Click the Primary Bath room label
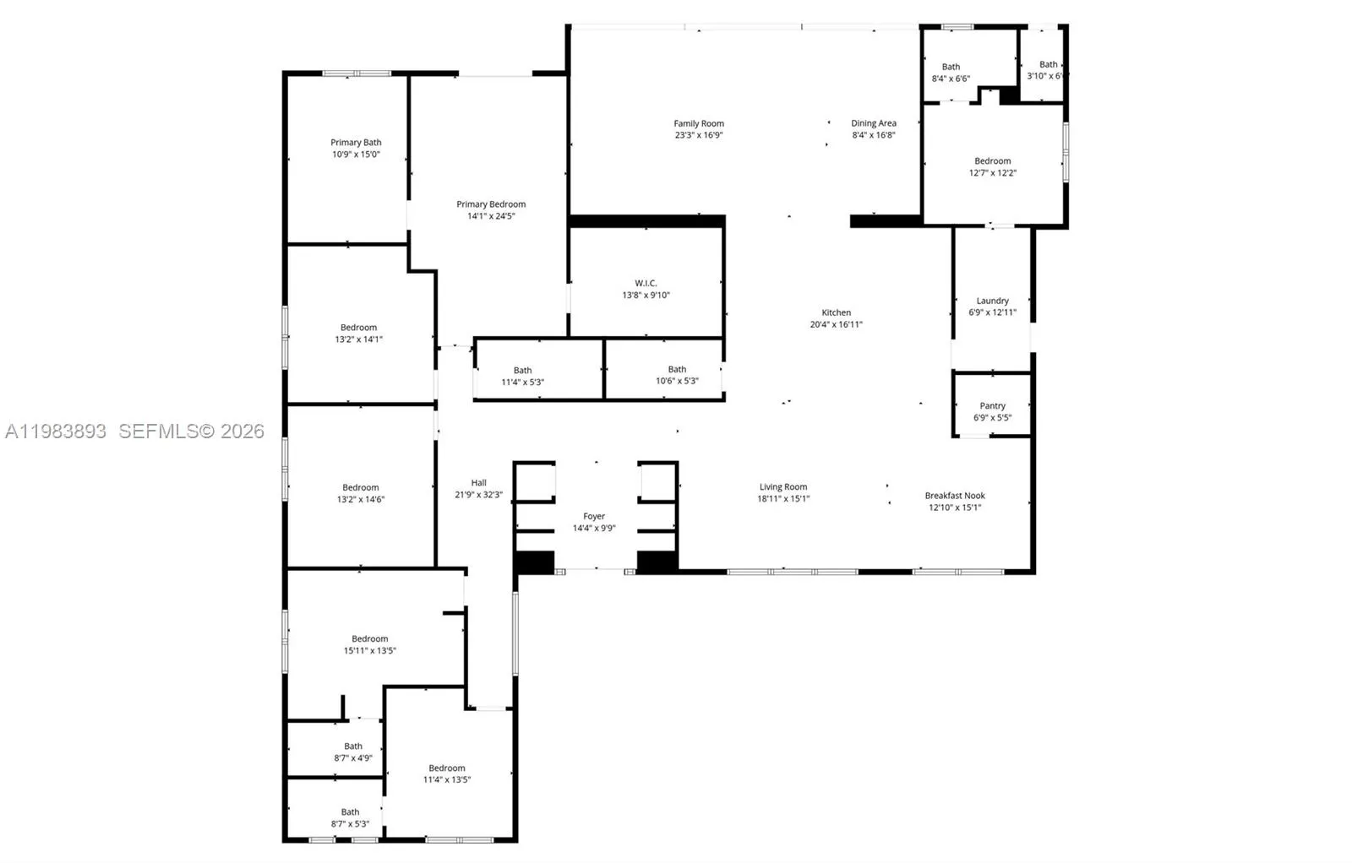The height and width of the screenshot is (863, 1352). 356,143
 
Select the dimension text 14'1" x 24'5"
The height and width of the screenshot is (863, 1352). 491,216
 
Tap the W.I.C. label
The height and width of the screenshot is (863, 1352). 646,283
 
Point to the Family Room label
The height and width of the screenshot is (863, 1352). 698,123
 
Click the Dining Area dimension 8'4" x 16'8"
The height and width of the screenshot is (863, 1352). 873,135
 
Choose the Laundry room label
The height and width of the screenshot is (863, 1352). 992,301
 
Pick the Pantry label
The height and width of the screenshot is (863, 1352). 992,406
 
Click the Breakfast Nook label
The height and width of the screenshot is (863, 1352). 955,496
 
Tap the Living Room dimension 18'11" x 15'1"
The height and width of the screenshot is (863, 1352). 782,499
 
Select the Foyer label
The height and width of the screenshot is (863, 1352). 594,516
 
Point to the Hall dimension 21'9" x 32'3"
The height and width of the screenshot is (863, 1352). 478,495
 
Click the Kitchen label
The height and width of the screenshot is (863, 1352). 836,312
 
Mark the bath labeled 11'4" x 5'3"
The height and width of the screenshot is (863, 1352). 522,376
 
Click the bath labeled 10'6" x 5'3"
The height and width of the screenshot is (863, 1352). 677,375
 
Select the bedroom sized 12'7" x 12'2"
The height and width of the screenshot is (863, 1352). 992,166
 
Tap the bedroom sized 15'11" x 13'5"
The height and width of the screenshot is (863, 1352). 369,644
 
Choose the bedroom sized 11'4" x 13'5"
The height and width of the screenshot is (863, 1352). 446,773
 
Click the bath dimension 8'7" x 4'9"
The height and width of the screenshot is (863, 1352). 352,758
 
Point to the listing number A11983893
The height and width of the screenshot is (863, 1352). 56,431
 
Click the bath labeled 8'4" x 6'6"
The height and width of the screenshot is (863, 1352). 951,73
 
